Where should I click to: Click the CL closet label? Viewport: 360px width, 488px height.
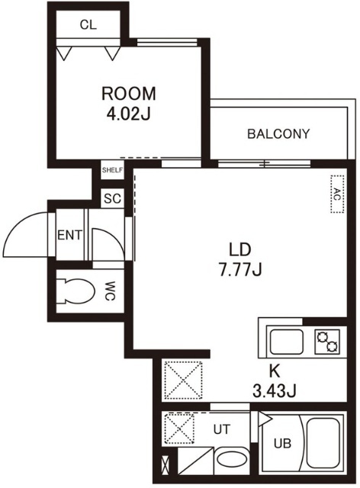pos(88,24)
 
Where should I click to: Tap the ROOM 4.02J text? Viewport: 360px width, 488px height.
pos(129,104)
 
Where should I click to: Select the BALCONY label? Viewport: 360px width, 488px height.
pos(278,134)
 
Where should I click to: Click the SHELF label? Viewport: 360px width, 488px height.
pos(112,170)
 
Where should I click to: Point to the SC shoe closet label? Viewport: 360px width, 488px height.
pos(112,198)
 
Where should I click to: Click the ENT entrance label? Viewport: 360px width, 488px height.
pos(70,235)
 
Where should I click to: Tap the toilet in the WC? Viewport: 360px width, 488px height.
pos(76,291)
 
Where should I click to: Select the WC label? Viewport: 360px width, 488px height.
pos(110,291)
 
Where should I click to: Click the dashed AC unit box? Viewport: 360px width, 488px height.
pos(337,194)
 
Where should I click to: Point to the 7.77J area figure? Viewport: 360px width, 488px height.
pos(239,269)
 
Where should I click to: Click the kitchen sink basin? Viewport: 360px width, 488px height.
pos(287,342)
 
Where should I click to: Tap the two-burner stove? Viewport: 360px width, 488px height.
pos(327,342)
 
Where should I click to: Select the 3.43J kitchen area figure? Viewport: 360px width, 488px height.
pos(274,391)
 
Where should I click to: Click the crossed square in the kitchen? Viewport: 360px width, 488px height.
pos(183,380)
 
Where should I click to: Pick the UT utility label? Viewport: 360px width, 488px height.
pos(222,429)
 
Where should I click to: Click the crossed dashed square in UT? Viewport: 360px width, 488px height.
pos(180,429)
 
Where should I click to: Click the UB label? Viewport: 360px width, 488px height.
pos(282,443)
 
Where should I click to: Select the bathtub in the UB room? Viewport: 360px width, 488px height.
pos(323,443)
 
